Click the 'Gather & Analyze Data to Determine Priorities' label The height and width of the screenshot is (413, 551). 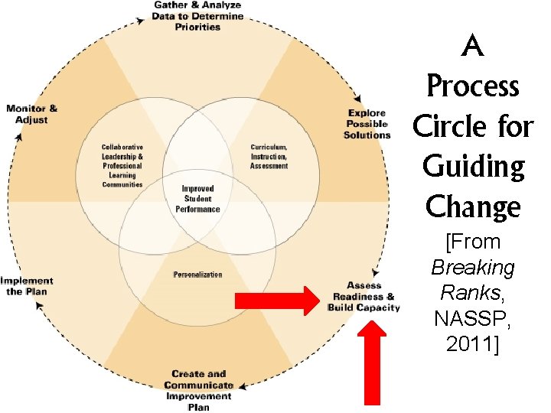click(x=197, y=16)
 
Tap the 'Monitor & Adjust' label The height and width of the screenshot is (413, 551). click(x=31, y=114)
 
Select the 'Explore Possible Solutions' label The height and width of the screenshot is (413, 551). click(x=367, y=124)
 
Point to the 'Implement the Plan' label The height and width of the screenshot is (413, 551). click(x=27, y=286)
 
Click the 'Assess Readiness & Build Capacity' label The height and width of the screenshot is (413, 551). click(x=363, y=297)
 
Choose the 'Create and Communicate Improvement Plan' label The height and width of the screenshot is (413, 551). click(x=198, y=390)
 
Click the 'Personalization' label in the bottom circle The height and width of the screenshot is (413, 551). click(x=197, y=275)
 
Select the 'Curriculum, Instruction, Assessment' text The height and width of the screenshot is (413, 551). click(x=269, y=156)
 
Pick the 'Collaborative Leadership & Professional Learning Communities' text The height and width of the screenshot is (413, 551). click(x=122, y=165)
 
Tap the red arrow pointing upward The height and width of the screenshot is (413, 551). click(x=372, y=364)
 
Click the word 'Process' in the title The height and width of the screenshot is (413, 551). click(x=472, y=86)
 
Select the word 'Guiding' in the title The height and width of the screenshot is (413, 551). click(x=474, y=167)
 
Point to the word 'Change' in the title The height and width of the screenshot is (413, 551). click(x=473, y=206)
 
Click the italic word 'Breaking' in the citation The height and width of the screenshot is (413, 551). click(x=473, y=268)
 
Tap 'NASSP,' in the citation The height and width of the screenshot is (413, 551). click(x=473, y=318)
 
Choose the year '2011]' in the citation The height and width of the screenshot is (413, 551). click(x=473, y=343)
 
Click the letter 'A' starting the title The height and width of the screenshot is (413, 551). click(x=474, y=48)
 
